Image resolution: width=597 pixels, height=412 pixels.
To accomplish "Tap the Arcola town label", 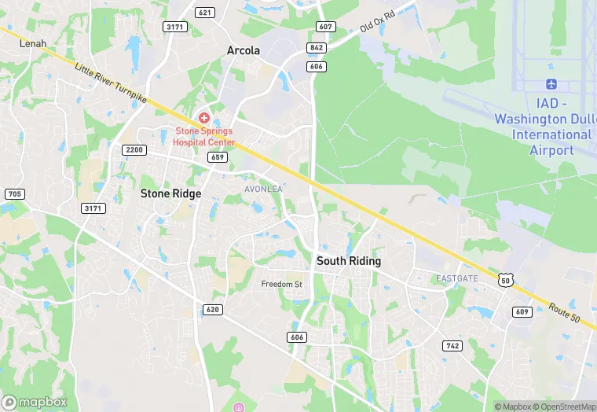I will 243,50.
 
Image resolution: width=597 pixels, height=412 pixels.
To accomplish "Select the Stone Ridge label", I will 170,193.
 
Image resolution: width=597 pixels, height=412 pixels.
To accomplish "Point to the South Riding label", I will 348,261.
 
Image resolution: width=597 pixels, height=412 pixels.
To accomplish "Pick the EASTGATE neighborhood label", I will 457,278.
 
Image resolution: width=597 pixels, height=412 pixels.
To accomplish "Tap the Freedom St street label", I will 281,284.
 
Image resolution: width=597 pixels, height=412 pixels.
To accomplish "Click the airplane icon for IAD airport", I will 551,84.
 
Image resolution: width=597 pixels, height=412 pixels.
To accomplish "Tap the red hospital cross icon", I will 203,117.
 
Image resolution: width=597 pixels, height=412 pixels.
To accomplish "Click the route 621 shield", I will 206,13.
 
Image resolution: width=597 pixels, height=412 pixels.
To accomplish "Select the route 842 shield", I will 317,47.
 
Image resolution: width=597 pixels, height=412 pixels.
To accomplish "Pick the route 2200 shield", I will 134,150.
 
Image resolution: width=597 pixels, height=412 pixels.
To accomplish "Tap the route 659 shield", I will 218,158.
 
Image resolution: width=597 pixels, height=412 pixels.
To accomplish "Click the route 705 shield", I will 14,194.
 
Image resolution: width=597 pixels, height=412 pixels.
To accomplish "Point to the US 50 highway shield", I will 506,278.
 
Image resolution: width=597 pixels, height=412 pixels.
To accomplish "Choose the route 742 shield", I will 452,346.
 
